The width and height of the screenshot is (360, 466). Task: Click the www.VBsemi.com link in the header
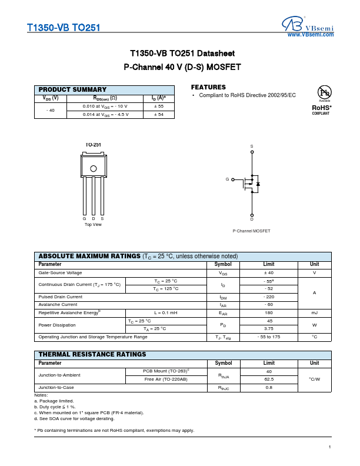click(x=310, y=35)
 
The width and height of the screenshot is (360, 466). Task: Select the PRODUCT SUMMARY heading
click(x=72, y=89)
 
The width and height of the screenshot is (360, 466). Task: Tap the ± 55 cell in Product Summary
click(x=158, y=106)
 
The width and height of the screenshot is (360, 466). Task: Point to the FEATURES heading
click(x=208, y=87)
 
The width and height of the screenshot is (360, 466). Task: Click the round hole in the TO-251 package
click(x=93, y=169)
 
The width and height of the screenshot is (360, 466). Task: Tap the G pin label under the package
click(x=84, y=219)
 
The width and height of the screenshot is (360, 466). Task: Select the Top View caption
click(x=93, y=224)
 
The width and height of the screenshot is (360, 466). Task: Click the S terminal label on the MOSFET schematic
click(x=252, y=146)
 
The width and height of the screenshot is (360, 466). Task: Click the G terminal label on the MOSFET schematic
click(x=227, y=179)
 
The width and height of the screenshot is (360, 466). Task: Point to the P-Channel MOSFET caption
click(x=251, y=231)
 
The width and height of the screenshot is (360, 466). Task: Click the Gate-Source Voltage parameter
click(x=60, y=273)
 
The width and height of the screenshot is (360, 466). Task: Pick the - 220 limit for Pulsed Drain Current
click(x=269, y=297)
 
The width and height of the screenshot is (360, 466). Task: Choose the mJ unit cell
click(x=314, y=312)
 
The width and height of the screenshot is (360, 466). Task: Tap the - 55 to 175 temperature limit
click(x=269, y=337)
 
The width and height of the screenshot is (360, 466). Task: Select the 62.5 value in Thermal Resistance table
click(x=269, y=380)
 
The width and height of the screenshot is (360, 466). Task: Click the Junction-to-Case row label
click(x=56, y=388)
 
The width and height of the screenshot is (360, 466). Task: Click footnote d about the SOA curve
click(x=74, y=418)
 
